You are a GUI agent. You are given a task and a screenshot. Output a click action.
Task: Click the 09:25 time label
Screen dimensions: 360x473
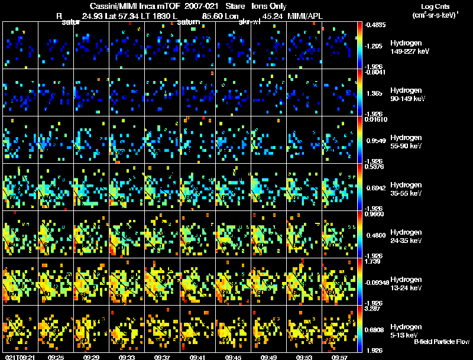point(56,357)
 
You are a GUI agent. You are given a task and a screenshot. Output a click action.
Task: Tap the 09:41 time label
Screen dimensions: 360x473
point(197,357)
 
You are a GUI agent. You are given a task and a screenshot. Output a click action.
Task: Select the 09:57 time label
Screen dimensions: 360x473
point(339,357)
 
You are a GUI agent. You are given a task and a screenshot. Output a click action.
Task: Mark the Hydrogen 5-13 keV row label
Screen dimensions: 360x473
point(406,331)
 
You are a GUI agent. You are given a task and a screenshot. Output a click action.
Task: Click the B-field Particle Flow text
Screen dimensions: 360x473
point(441,342)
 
